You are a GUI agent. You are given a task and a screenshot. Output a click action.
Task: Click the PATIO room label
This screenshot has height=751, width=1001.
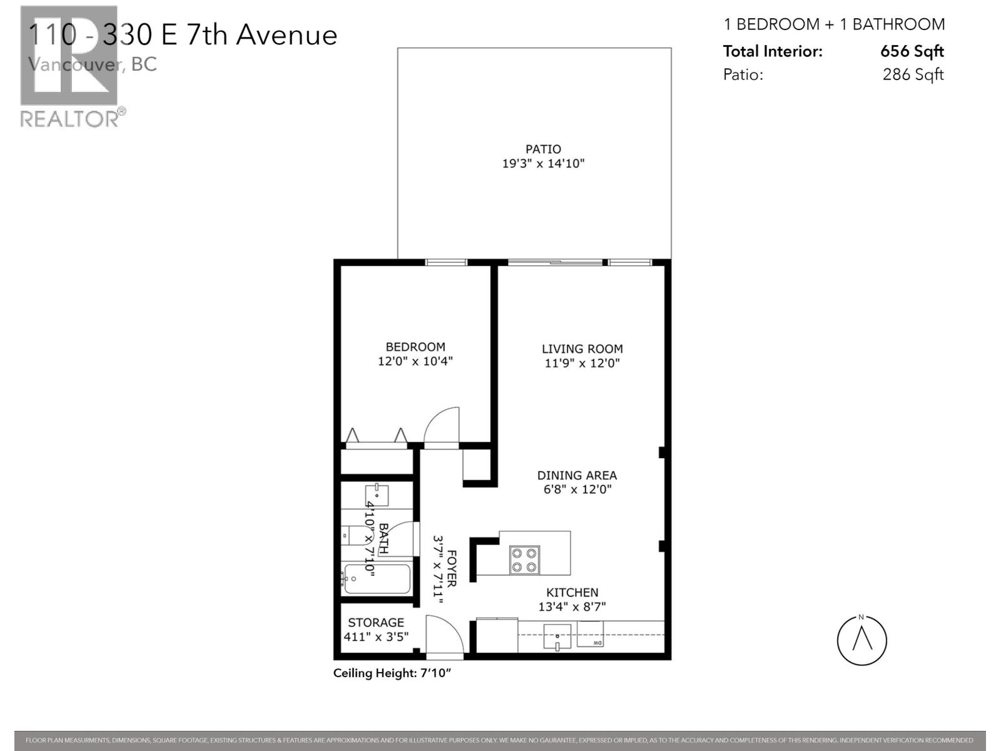542,149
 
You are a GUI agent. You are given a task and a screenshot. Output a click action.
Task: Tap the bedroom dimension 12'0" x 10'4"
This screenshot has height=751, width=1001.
415,361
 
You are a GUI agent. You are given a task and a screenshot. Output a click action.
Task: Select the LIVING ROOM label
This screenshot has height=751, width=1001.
582,349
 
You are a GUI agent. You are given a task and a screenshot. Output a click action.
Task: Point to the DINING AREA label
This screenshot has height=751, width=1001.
576,476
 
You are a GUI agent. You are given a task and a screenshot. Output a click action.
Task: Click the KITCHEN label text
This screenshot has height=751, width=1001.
572,592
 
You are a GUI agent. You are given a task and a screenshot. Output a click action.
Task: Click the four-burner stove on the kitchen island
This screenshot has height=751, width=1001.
524,559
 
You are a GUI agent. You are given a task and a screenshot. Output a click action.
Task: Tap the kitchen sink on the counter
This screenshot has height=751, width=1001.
557,637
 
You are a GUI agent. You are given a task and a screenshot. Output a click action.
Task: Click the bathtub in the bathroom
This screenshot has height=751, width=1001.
377,579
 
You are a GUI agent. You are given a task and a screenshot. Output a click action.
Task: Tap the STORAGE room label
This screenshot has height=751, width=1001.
375,622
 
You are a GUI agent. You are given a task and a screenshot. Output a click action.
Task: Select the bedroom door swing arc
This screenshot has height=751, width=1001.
441,426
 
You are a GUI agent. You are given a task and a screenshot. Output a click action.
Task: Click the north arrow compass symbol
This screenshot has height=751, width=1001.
861,640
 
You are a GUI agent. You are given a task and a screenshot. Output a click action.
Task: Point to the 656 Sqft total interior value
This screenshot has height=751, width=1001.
912,51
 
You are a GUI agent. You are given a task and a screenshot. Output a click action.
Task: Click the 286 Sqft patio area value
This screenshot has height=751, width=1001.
913,74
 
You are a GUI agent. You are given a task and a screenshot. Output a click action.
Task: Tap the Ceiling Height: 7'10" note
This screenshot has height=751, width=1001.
392,673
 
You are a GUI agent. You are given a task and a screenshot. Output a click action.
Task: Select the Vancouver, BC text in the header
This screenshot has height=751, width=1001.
93,64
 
